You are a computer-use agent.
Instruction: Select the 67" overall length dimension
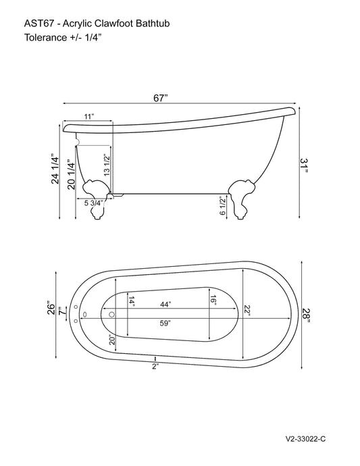click(160, 97)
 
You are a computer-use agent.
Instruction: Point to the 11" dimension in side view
click(88, 117)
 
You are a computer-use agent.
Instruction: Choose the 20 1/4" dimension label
click(70, 174)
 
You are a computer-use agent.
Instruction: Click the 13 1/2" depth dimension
click(106, 164)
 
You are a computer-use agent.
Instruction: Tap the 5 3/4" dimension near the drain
click(94, 202)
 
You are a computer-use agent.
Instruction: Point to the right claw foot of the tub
click(241, 197)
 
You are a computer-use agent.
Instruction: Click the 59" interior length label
click(163, 323)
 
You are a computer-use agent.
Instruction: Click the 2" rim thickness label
click(155, 366)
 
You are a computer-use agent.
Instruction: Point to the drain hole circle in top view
click(111, 313)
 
